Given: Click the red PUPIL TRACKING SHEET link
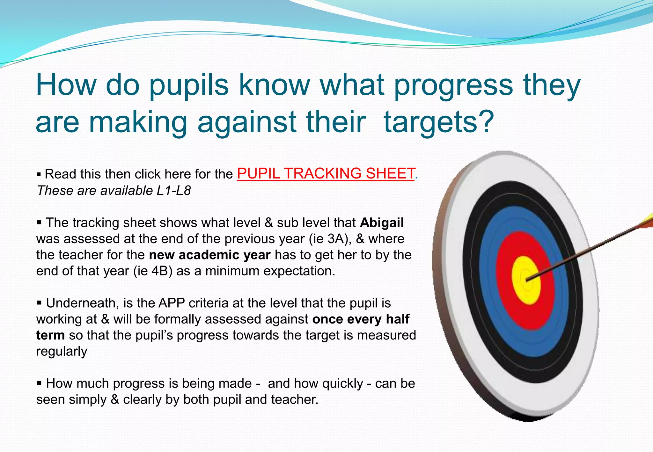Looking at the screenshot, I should click(x=325, y=174).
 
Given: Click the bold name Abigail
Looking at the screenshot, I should click(x=382, y=222).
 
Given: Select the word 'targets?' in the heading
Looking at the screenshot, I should click(x=438, y=122).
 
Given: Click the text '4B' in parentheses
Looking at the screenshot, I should click(x=160, y=271).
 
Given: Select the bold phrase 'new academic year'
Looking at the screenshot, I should click(x=209, y=255).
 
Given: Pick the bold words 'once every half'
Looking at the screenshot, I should click(x=361, y=319).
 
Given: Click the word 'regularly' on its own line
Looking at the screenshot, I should click(x=62, y=351).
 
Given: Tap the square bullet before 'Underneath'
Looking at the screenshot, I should click(x=39, y=302).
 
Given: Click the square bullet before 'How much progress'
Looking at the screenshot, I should click(x=39, y=383).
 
